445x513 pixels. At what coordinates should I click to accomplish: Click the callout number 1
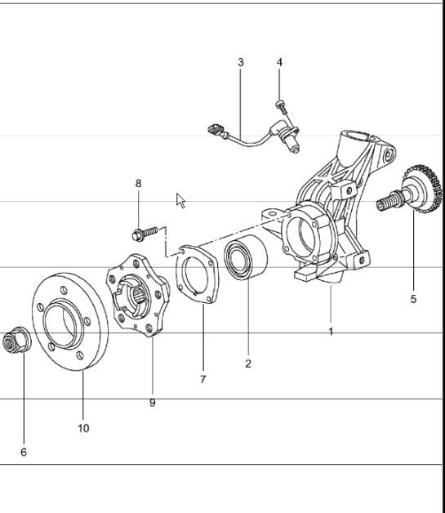[x=331, y=332]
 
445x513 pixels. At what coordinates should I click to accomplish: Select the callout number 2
[x=248, y=364]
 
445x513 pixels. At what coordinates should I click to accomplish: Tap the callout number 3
[x=241, y=62]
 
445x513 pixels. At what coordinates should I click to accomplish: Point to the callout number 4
[x=279, y=62]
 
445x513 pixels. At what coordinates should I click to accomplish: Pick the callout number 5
[x=413, y=299]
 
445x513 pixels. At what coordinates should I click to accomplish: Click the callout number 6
[x=24, y=452]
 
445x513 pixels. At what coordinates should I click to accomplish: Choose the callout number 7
[x=202, y=379]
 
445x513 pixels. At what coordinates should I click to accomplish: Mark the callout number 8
[x=138, y=184]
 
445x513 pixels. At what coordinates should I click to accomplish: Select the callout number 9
[x=152, y=403]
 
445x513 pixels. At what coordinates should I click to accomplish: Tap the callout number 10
[x=83, y=428]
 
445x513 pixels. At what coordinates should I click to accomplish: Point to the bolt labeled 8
[x=141, y=234]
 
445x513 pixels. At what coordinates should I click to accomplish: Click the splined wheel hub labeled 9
[x=138, y=294]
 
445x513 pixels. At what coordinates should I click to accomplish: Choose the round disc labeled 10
[x=69, y=321]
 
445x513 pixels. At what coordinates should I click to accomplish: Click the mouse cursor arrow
[x=180, y=199]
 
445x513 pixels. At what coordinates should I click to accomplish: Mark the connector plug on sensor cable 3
[x=216, y=128]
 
